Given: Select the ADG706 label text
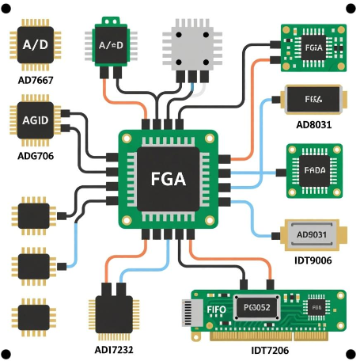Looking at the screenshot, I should (x=36, y=156).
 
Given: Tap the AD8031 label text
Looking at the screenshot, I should (x=314, y=125).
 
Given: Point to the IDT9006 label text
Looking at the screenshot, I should (x=314, y=260).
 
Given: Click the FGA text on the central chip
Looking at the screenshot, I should (x=168, y=179).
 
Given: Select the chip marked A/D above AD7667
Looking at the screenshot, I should (x=36, y=44).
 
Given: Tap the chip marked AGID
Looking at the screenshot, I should (x=36, y=121).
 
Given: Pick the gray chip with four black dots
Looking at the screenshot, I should (x=189, y=47).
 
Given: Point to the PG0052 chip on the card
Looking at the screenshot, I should (x=257, y=307).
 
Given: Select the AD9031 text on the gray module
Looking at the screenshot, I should (x=313, y=235).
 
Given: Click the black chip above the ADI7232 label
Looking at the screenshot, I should (x=114, y=315).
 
